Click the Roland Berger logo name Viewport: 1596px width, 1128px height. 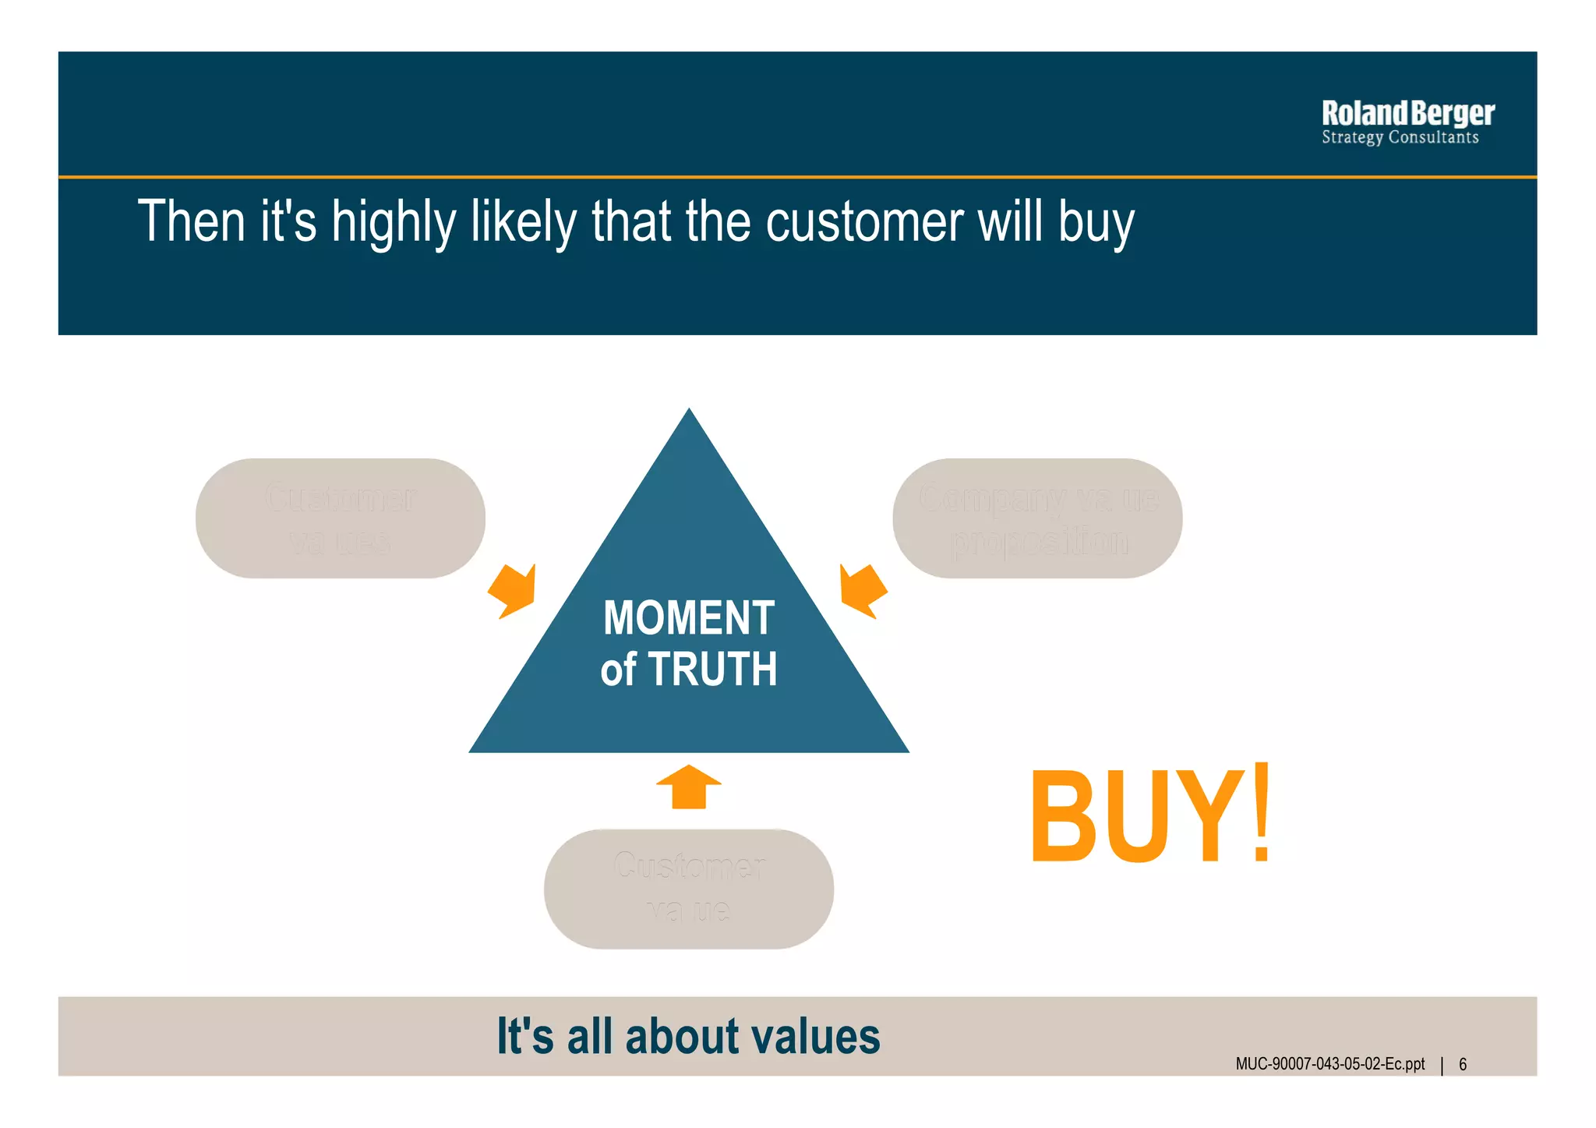click(x=1407, y=114)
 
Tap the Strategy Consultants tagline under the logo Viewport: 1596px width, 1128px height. click(x=1400, y=138)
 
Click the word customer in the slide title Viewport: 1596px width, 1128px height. click(x=864, y=222)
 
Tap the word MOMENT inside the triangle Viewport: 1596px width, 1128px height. click(x=689, y=618)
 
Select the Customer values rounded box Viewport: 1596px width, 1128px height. click(x=341, y=518)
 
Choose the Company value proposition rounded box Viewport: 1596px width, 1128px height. click(x=1037, y=518)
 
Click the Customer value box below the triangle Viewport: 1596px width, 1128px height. click(x=689, y=889)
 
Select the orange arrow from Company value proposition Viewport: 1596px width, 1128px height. click(x=862, y=590)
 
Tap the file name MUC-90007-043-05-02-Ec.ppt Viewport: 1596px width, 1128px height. click(x=1329, y=1064)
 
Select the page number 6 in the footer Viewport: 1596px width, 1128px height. click(x=1463, y=1064)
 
